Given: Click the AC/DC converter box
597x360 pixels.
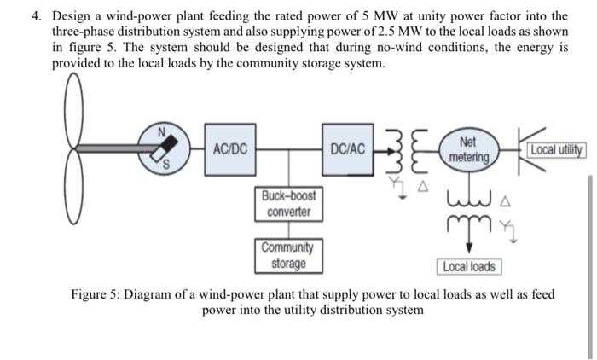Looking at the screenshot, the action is click(230, 149).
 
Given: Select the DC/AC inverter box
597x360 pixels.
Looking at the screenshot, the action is click(348, 149).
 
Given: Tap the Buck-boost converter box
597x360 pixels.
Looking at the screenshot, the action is click(288, 204).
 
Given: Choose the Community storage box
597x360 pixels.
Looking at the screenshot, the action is click(288, 256).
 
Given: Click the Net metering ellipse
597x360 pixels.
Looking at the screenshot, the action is click(469, 149).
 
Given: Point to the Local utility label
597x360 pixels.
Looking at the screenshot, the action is click(556, 149).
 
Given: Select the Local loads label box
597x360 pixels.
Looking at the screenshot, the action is click(469, 267).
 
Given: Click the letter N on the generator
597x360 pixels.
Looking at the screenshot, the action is click(162, 132).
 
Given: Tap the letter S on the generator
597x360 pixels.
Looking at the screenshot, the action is click(165, 164).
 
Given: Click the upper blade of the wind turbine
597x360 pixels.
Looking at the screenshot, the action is click(74, 109).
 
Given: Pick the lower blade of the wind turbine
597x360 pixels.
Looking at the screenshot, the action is click(73, 187).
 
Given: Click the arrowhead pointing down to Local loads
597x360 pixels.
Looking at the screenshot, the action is click(469, 248).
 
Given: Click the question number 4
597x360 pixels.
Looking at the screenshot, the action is click(36, 16).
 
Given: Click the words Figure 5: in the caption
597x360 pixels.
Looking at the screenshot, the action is click(96, 294).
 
